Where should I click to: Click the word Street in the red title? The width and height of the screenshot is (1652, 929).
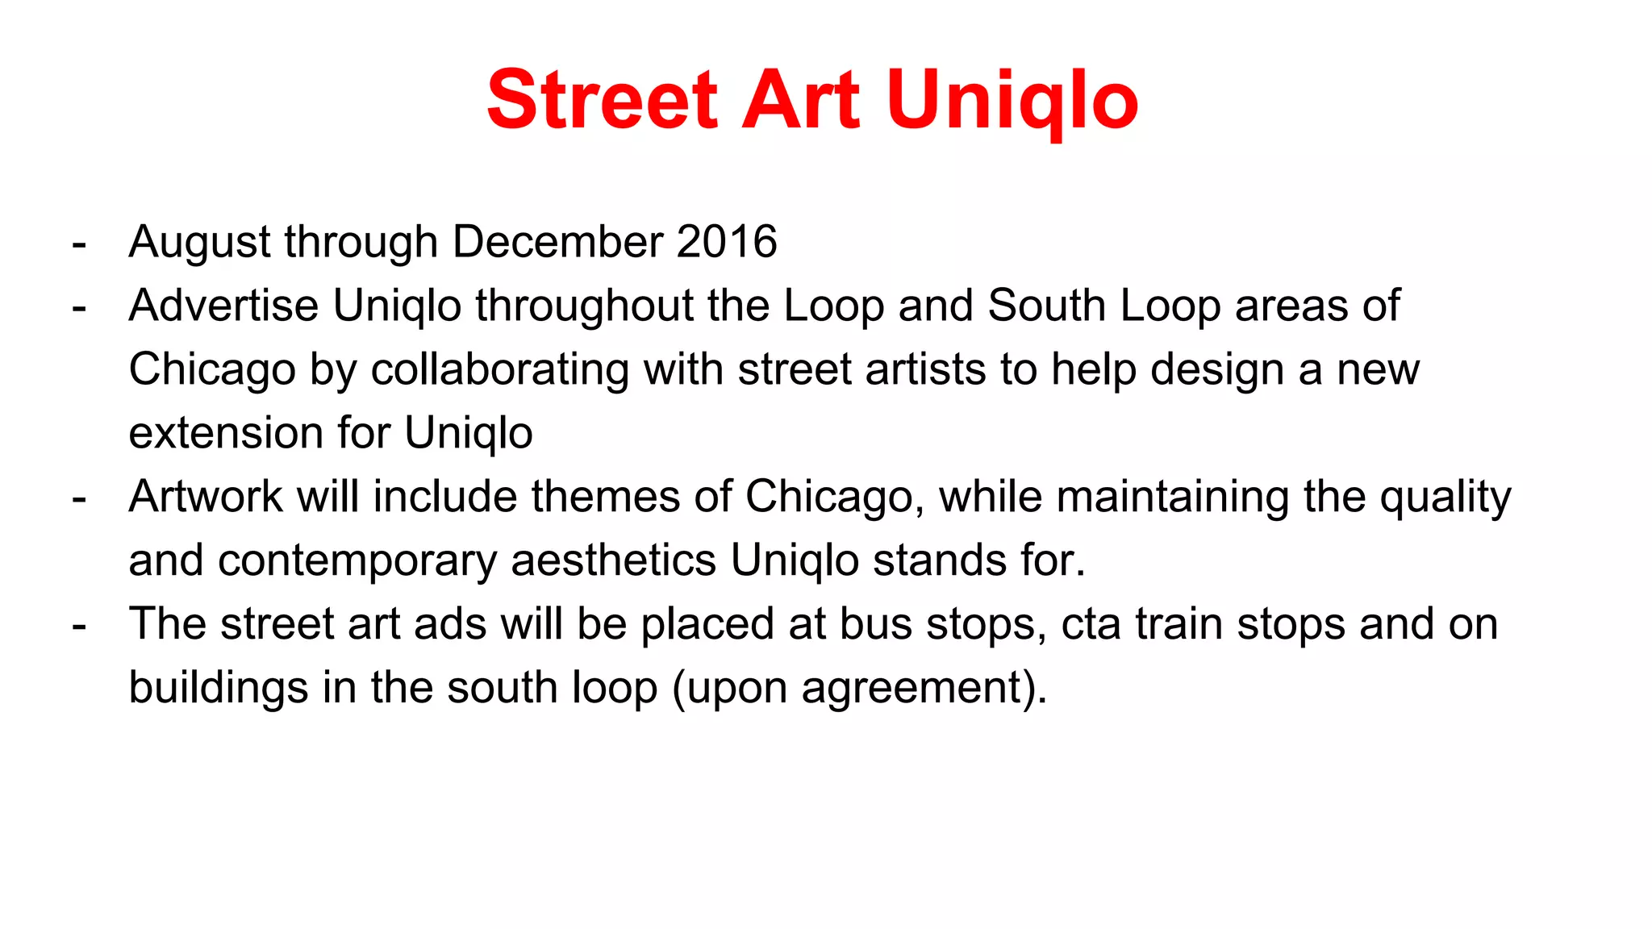[602, 100]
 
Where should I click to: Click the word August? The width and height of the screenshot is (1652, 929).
[202, 243]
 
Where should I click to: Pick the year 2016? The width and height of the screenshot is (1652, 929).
[727, 242]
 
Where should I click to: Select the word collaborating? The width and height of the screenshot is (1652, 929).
[499, 369]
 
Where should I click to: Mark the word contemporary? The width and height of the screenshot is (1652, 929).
[357, 561]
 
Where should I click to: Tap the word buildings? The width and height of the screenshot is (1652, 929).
[219, 688]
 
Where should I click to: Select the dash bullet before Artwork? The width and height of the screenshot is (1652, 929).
[79, 498]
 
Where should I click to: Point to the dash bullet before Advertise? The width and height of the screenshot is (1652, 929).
[79, 307]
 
